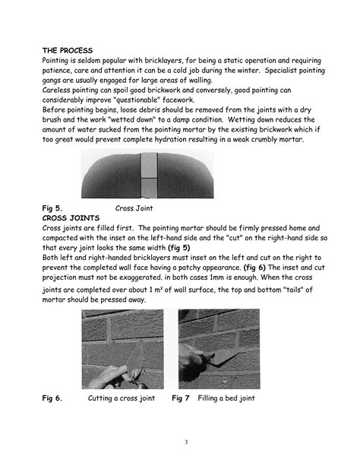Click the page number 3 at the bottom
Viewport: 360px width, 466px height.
click(185, 441)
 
